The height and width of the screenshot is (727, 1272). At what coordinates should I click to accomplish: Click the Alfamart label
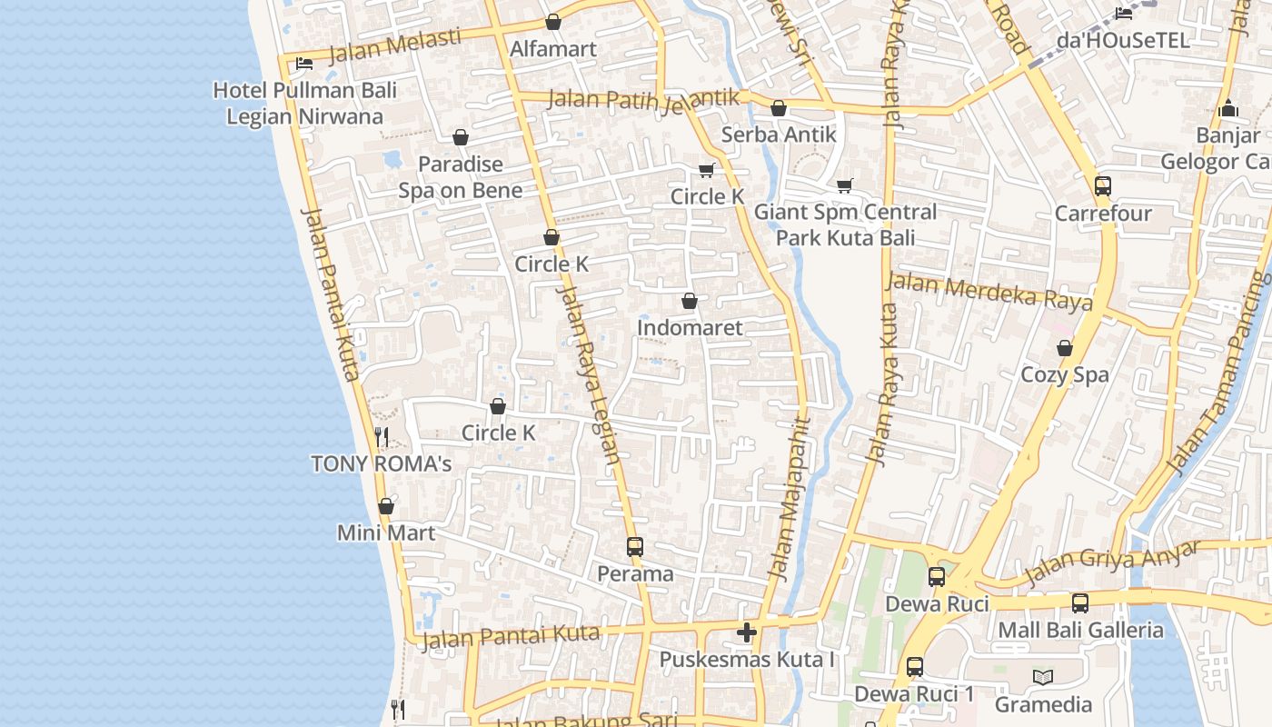[x=553, y=49]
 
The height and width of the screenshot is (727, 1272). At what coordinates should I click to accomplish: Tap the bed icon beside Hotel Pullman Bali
[x=304, y=63]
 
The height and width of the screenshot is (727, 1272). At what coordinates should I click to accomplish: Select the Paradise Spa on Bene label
[x=461, y=177]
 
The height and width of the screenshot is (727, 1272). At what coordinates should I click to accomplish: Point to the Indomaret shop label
[x=690, y=327]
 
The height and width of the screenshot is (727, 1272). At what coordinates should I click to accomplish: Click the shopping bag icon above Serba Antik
[x=779, y=109]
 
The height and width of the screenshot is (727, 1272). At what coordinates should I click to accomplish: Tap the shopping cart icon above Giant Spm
[x=845, y=185]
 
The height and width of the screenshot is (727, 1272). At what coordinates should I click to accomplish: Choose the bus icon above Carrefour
[x=1103, y=186]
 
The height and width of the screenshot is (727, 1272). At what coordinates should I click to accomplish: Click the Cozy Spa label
[x=1065, y=374]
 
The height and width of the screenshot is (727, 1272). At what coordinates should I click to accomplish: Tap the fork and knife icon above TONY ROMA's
[x=382, y=437]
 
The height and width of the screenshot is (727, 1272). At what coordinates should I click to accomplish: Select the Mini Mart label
[x=386, y=533]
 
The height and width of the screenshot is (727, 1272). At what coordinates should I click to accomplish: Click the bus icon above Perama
[x=635, y=547]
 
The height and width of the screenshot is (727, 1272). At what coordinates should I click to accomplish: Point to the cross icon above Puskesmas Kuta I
[x=747, y=632]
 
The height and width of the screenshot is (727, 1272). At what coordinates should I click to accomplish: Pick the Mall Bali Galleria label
[x=1080, y=630]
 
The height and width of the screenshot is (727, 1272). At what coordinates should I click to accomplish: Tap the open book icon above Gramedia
[x=1043, y=677]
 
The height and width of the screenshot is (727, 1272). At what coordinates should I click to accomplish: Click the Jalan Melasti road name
[x=394, y=46]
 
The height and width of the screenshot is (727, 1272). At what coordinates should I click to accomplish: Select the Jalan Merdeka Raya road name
[x=989, y=292]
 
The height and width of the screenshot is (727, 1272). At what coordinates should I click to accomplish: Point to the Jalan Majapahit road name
[x=789, y=498]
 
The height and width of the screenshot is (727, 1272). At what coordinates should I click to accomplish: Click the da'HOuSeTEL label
[x=1123, y=40]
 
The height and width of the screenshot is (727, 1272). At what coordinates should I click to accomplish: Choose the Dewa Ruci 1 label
[x=914, y=694]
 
